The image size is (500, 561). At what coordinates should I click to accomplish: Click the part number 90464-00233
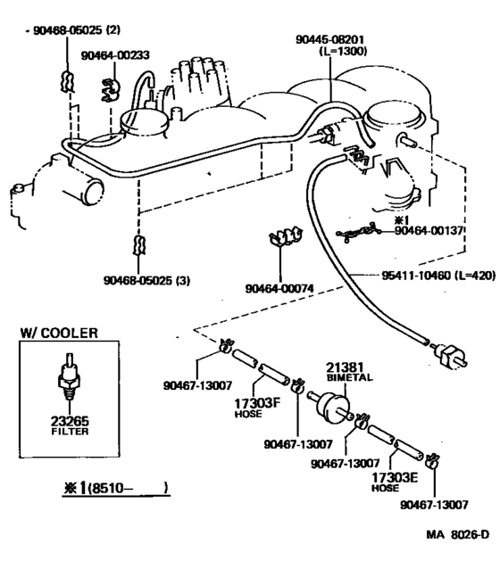[x=114, y=55]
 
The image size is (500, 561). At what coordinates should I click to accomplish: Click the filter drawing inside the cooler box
[x=68, y=375]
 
